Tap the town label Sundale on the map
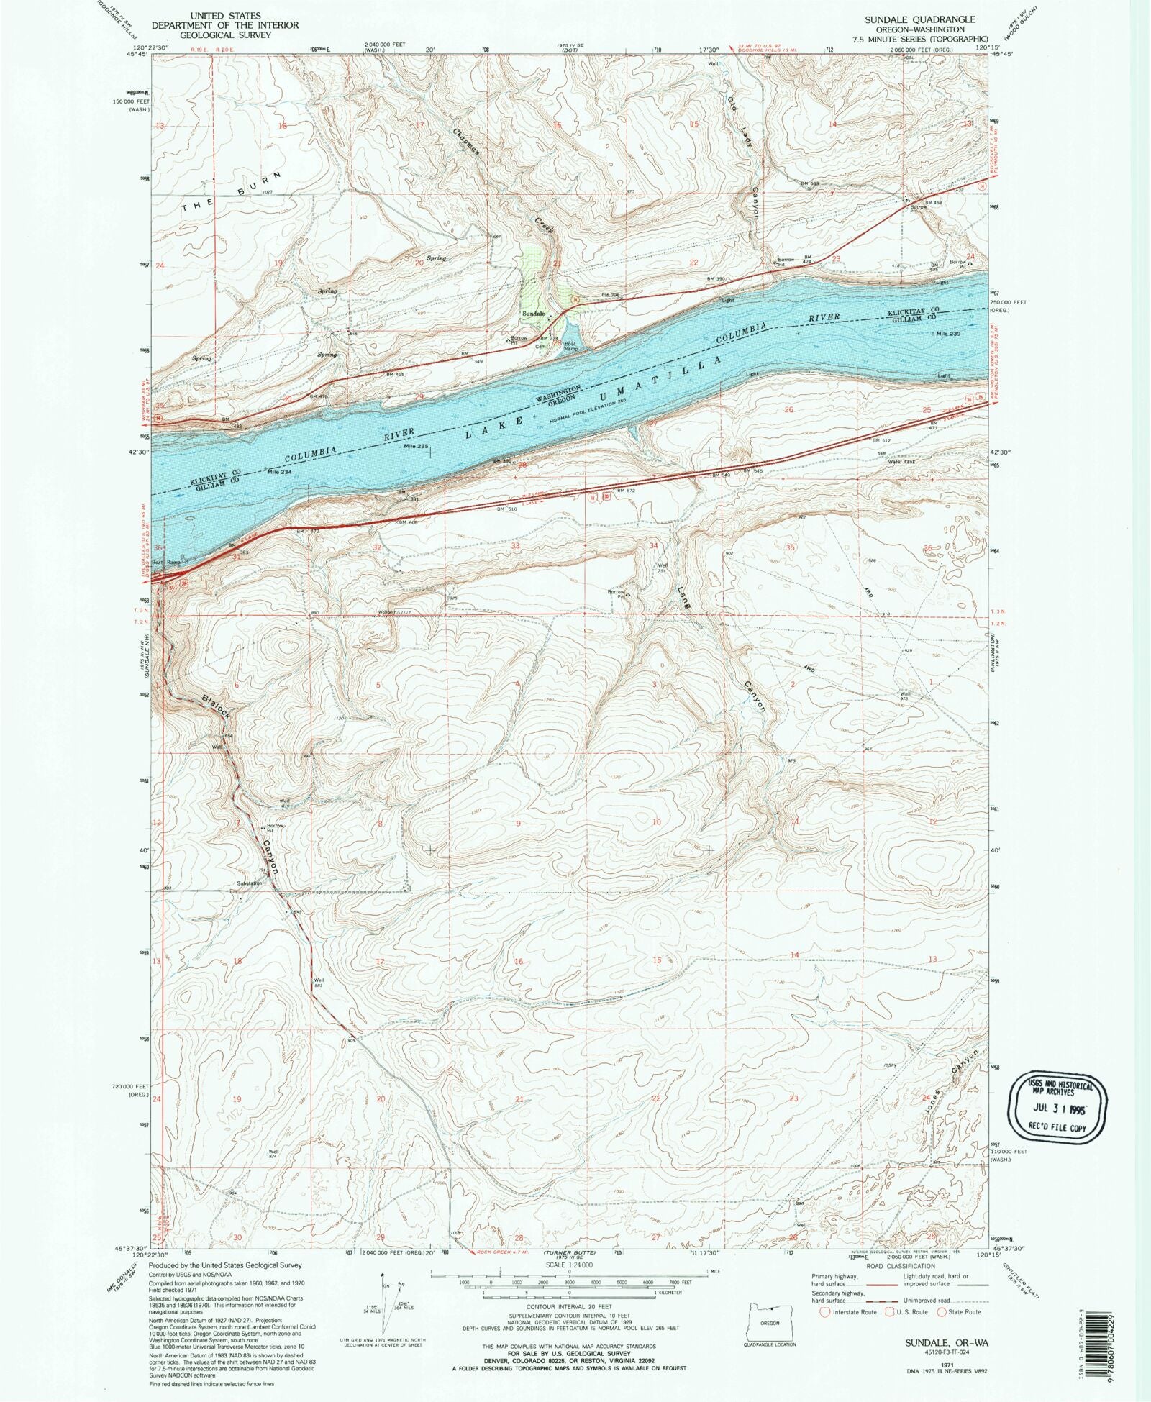(533, 314)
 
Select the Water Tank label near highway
(901, 461)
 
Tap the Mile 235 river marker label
(416, 446)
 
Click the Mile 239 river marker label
(946, 334)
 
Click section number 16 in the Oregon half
(518, 962)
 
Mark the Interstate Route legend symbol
(825, 1311)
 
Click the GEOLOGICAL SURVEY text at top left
(225, 34)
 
